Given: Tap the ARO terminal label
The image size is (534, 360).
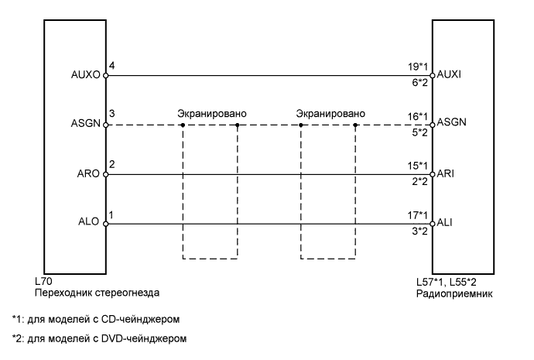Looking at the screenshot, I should tap(87, 173).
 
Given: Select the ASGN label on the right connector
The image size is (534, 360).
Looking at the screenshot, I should tap(450, 124).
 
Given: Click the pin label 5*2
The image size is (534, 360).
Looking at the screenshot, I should tap(420, 133).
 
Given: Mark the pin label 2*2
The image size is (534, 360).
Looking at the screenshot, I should tap(420, 183).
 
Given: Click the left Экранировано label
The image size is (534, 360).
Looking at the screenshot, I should tap(212, 114).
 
